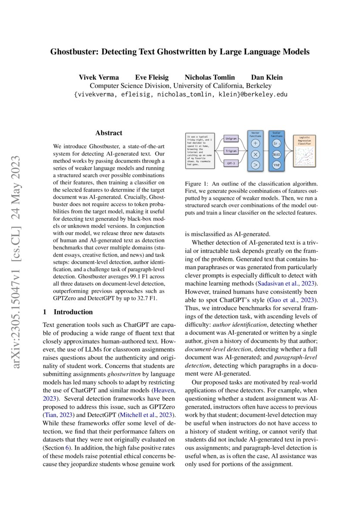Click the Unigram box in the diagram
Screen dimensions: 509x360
[231, 138]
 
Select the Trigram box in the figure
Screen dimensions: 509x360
[231, 151]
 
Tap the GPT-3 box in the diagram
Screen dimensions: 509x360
[231, 164]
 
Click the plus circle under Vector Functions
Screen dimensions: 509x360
[256, 143]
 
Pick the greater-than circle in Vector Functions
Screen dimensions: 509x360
[256, 165]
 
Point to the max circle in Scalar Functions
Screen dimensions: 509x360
[276, 154]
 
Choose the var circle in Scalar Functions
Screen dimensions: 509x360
[276, 165]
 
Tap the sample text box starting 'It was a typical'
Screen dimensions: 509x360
[199, 151]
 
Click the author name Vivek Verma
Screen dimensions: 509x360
[99, 78]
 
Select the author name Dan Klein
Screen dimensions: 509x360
[267, 78]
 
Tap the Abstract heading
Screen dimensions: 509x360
[109, 133]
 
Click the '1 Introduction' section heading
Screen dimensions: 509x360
[67, 312]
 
